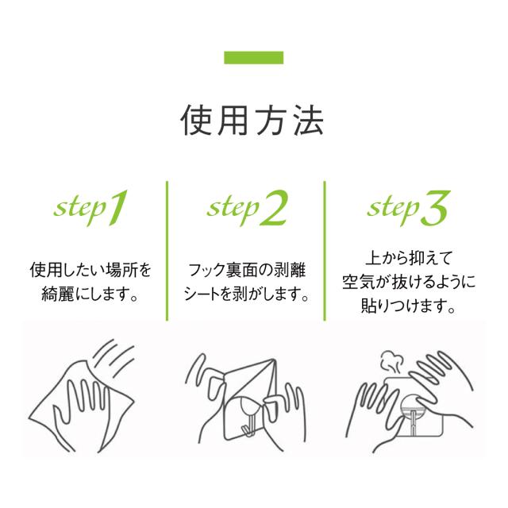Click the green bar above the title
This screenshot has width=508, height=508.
click(254, 58)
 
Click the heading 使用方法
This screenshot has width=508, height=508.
click(252, 121)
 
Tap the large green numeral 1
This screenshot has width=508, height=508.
click(117, 208)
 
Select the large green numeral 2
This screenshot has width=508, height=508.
click(274, 208)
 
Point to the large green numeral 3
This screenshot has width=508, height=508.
click(436, 208)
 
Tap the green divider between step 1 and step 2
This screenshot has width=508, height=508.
click(167, 251)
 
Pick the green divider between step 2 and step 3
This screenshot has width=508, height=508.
click(325, 251)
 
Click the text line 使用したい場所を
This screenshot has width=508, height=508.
click(90, 270)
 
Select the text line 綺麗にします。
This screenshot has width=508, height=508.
click(90, 294)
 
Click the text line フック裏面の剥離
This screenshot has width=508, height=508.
click(247, 270)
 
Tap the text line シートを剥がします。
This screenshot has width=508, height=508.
click(246, 294)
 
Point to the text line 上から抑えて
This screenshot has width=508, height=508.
click(409, 258)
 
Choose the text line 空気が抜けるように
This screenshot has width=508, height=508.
click(409, 282)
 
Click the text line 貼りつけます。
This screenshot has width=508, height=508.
click(409, 306)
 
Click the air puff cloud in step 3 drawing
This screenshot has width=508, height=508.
click(391, 363)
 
